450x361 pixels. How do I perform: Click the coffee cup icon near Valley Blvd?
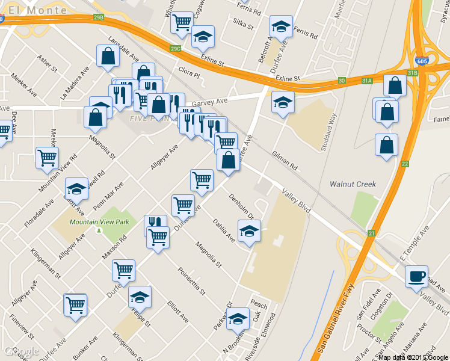coord(416,277)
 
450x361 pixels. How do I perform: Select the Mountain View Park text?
coord(99,222)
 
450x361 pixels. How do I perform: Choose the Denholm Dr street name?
coord(242,206)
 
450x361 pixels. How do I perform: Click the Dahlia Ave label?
coord(223,230)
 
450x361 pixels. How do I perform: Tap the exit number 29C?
coord(175,48)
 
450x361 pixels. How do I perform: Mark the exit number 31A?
coord(367,81)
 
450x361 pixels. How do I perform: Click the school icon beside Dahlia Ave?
coord(248,230)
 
